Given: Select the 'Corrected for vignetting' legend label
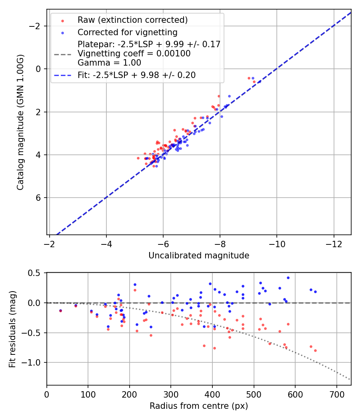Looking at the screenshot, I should [127, 32].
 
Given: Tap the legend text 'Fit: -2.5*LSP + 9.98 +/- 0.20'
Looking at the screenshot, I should [136, 75].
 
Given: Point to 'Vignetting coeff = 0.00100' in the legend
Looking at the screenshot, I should [134, 54].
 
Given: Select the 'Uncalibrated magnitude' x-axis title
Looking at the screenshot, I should [199, 256].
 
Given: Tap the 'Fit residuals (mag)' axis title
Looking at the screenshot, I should [12, 329].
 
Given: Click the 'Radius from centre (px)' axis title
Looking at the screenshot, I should [199, 406].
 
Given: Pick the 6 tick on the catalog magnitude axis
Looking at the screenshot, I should [38, 198].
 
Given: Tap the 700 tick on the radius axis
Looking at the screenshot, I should [336, 394].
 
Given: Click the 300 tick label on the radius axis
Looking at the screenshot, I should [171, 394].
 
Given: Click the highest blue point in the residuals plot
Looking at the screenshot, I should [288, 278].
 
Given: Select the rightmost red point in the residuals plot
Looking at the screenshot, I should [315, 350].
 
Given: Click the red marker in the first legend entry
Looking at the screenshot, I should [62, 20].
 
